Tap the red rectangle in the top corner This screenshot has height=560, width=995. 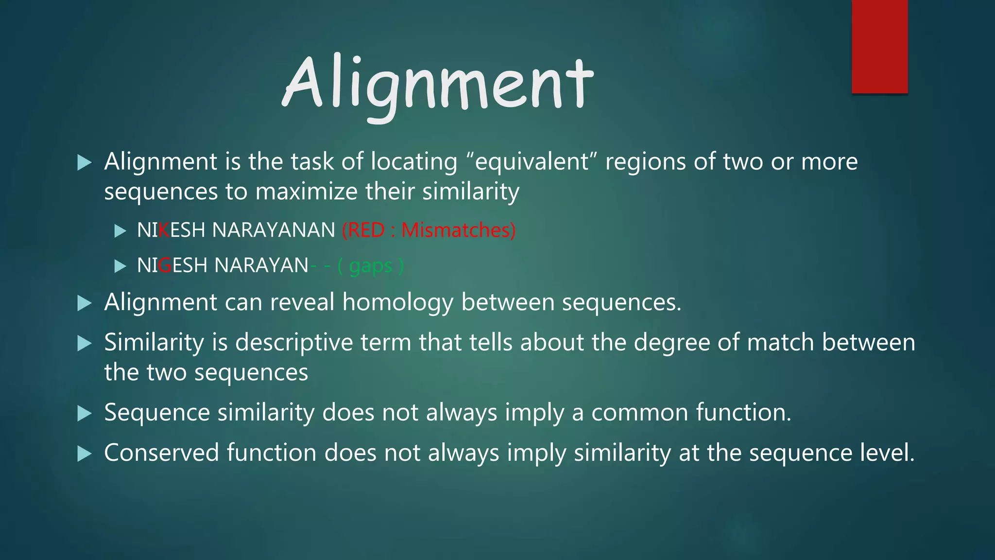point(879,46)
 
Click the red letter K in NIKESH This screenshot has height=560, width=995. point(164,230)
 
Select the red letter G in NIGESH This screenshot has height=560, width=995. point(165,265)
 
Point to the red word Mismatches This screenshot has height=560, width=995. point(457,230)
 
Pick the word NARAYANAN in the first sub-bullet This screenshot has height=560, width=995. point(274,230)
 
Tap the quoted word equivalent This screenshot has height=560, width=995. point(532,162)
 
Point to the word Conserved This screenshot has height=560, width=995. point(161,453)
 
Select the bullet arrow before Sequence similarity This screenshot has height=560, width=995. point(85,414)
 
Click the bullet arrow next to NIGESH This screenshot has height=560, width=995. point(120,266)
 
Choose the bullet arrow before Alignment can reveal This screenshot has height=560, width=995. point(85,303)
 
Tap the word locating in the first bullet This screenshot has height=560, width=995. point(414,162)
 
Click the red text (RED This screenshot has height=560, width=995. point(364,230)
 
